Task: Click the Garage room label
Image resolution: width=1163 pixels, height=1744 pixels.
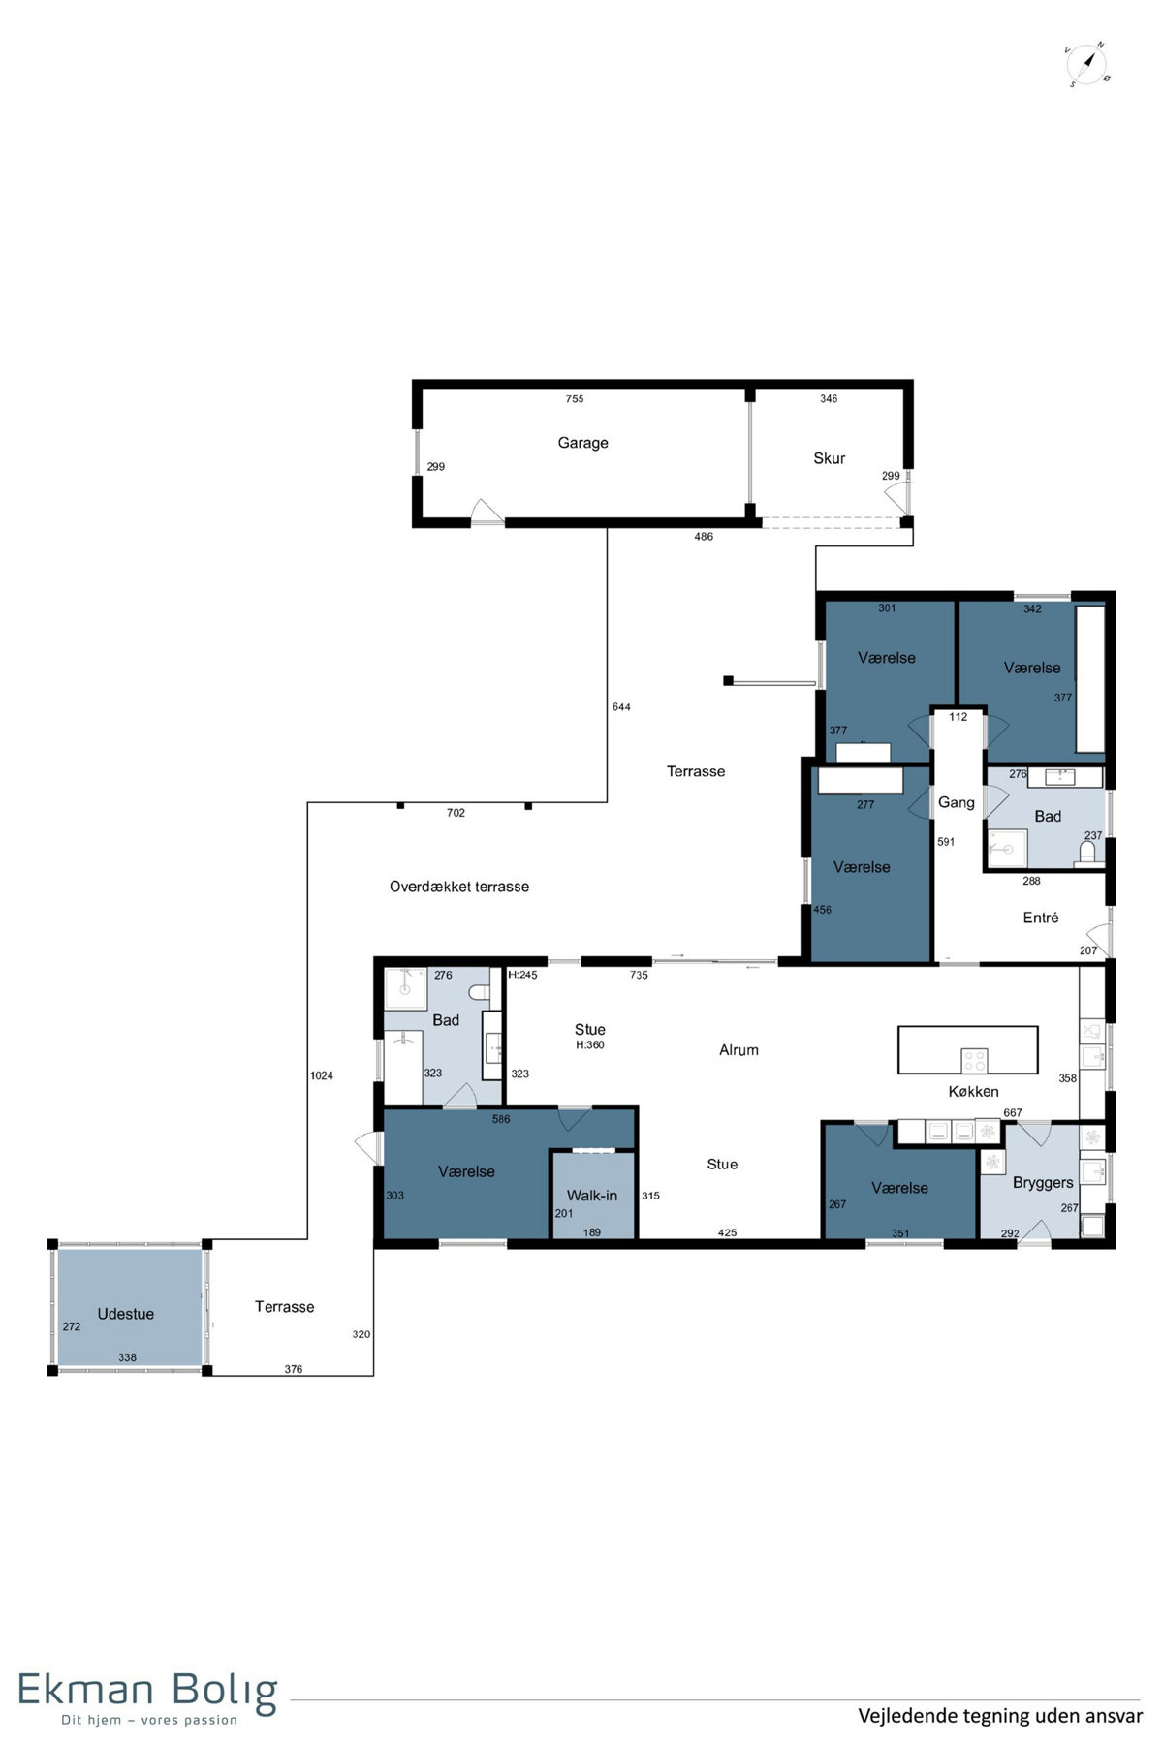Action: click(x=582, y=443)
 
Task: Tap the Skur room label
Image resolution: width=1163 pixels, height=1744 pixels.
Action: click(x=829, y=458)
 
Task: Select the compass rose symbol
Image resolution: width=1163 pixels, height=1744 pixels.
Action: click(x=1087, y=64)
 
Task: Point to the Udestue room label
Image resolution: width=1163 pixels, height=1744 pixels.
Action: click(x=126, y=1314)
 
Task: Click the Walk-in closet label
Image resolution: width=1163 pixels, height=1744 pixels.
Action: click(x=592, y=1196)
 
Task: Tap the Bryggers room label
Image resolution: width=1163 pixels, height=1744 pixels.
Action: click(x=1043, y=1183)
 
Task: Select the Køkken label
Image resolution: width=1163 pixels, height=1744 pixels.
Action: click(x=973, y=1092)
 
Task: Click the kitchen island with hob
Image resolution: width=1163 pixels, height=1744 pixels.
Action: click(x=968, y=1050)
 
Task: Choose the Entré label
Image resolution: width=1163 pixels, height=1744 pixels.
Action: click(x=1041, y=918)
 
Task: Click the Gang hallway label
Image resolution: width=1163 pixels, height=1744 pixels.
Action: click(x=957, y=802)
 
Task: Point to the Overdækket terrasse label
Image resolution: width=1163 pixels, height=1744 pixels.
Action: click(x=459, y=887)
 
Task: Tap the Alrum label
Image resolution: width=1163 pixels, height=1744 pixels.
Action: click(x=739, y=1050)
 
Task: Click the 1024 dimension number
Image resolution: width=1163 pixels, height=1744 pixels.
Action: click(x=322, y=1075)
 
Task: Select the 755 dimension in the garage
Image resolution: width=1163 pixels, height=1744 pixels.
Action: click(x=575, y=399)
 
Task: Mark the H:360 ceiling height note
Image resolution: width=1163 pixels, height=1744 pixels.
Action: click(x=590, y=1045)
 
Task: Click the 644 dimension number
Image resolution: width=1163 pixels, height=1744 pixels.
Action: click(x=621, y=707)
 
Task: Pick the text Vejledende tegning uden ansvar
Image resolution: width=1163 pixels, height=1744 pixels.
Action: click(x=1000, y=1716)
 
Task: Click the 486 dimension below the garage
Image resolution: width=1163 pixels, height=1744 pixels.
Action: click(x=704, y=537)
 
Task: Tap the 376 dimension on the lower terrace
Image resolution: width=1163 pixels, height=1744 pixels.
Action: click(x=294, y=1369)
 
